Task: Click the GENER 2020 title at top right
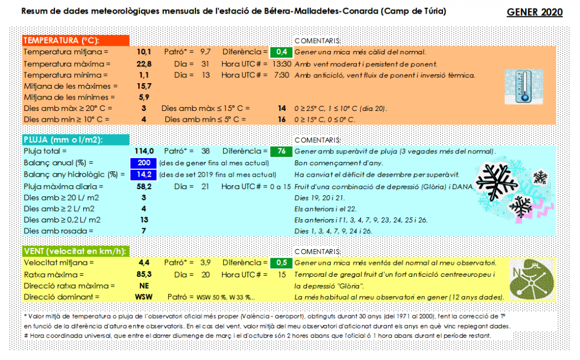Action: (x=534, y=12)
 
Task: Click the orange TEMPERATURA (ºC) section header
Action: (x=75, y=41)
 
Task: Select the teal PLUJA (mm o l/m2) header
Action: (x=75, y=140)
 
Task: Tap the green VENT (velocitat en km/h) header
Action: (x=75, y=251)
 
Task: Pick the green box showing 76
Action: (x=281, y=152)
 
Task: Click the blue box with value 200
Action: (x=143, y=163)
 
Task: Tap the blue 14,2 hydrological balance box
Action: (x=143, y=174)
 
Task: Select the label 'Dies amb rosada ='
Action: (x=58, y=231)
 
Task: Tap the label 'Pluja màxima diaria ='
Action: (x=63, y=186)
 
